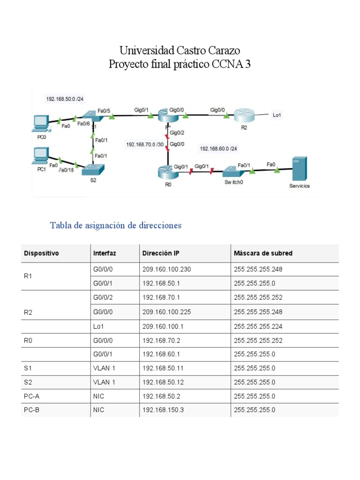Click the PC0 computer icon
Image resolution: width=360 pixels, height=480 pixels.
click(x=41, y=123)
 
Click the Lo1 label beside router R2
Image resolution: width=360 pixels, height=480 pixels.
click(x=277, y=114)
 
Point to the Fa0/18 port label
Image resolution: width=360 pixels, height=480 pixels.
click(x=67, y=170)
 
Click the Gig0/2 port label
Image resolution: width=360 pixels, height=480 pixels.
click(x=178, y=133)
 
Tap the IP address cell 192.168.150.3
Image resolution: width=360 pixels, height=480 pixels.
click(x=163, y=410)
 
